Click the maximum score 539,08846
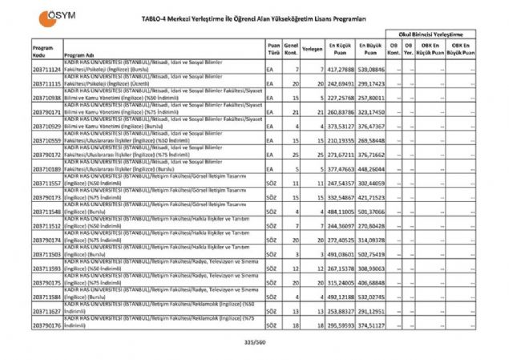(370, 71)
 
